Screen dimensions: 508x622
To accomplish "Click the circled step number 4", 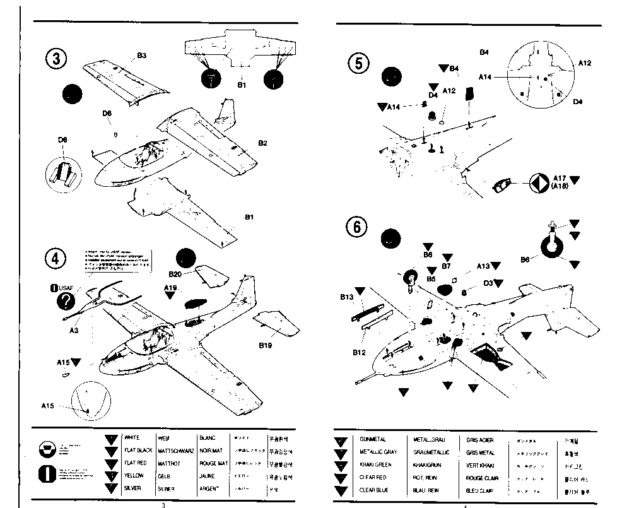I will click(x=56, y=259).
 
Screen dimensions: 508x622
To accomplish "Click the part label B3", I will click(x=141, y=56).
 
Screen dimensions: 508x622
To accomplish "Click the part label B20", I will click(x=175, y=274).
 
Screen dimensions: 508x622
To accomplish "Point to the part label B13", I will click(x=346, y=296).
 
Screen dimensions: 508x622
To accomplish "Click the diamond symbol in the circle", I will click(x=539, y=182).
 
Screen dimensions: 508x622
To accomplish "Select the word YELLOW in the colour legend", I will click(x=134, y=476).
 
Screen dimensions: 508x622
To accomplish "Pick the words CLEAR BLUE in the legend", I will click(x=375, y=490).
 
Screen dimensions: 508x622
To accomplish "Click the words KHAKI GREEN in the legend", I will click(x=375, y=464).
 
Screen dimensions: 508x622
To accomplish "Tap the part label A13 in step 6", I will click(x=483, y=266).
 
